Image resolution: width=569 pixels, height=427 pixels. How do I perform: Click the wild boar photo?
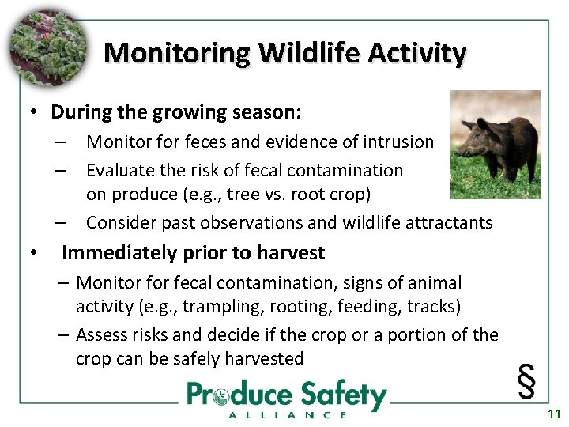tap(495, 144)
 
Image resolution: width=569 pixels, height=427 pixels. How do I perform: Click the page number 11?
tap(554, 414)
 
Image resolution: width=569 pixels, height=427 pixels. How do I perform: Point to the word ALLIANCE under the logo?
tap(287, 414)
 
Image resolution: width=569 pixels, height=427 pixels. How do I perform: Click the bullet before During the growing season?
tap(35, 112)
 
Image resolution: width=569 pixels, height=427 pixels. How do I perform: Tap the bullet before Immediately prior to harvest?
tap(35, 254)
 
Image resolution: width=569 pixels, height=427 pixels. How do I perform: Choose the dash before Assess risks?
tap(64, 335)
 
